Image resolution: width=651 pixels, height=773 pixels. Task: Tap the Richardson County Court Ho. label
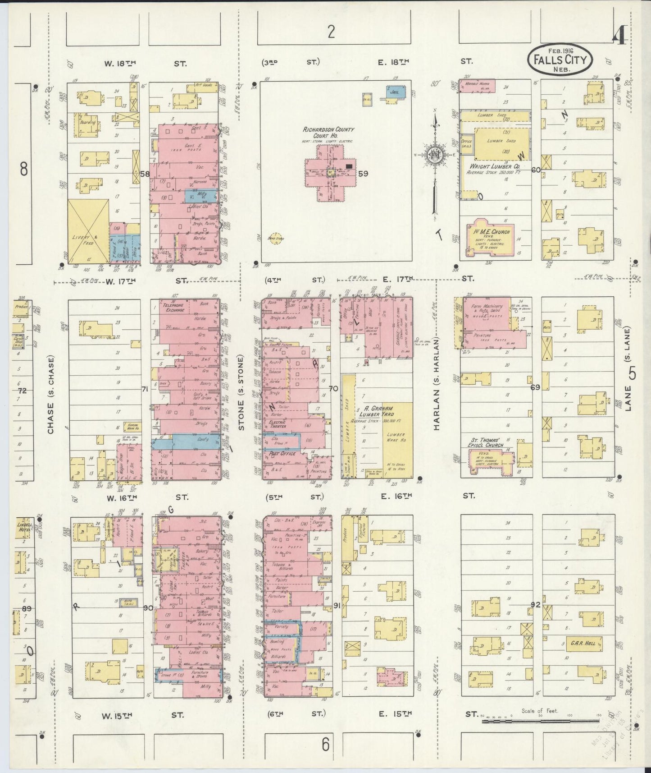tap(328, 133)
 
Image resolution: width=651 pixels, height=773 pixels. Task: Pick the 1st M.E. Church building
tap(491, 237)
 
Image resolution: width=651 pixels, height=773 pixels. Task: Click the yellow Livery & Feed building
tap(88, 231)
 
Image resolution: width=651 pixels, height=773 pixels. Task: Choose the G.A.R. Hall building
tap(584, 644)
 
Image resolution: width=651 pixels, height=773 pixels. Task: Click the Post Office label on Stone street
tap(282, 453)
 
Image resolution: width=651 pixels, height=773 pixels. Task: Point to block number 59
tap(363, 173)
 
